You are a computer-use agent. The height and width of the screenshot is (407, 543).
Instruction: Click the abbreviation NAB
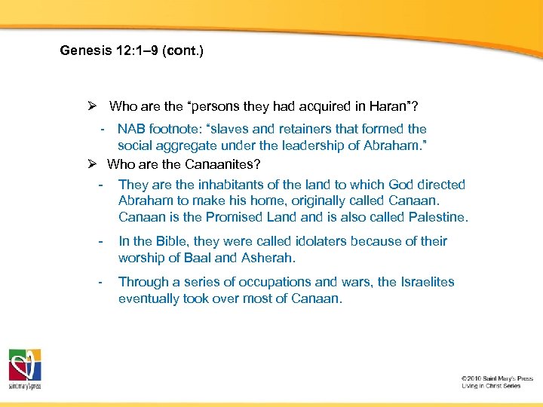click(132, 129)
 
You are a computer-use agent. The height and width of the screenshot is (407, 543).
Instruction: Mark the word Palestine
click(436, 217)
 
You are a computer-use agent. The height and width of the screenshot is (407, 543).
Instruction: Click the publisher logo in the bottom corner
click(25, 369)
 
